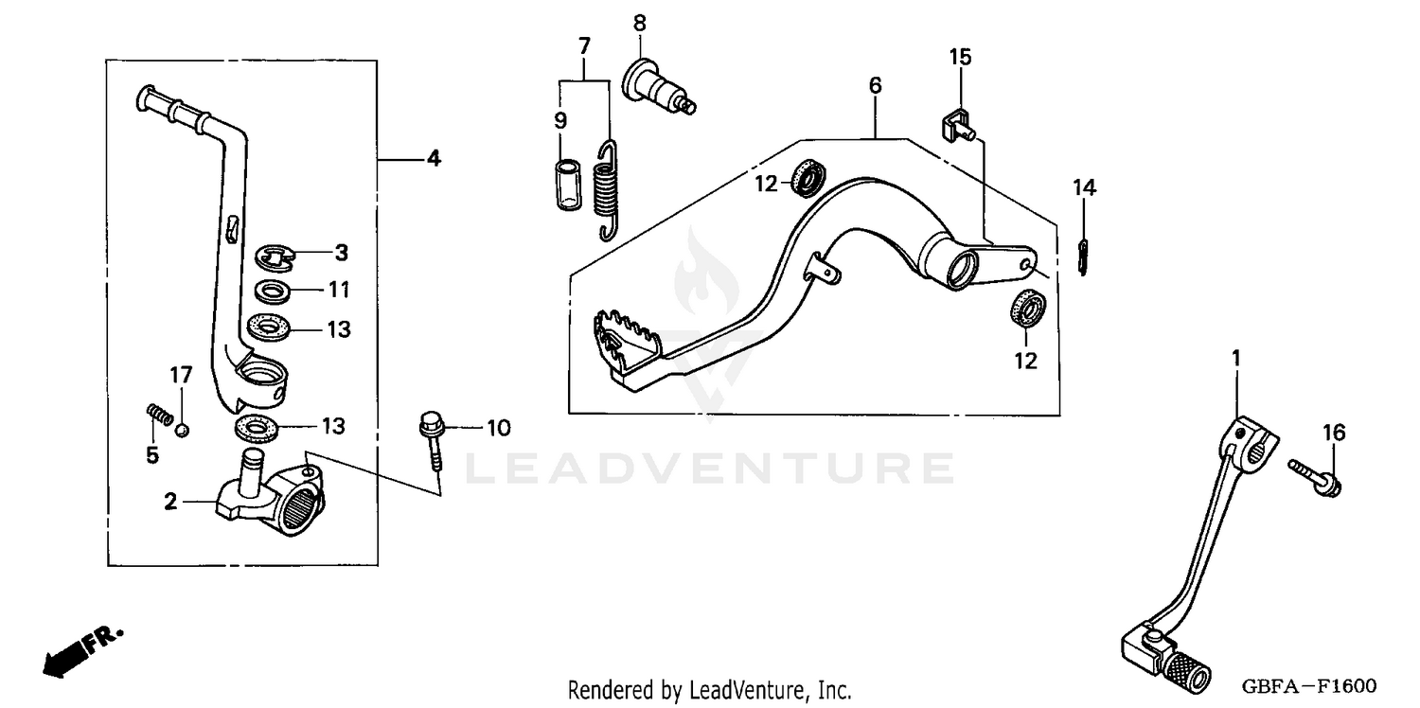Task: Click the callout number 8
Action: coord(640,22)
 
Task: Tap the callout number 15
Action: coord(960,58)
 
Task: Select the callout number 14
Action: coord(1084,188)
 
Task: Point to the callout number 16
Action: coord(1333,434)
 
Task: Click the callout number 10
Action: coord(498,428)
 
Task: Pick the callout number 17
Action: coord(180,376)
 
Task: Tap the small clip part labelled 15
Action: coord(956,125)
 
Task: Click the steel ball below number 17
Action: coord(184,431)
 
